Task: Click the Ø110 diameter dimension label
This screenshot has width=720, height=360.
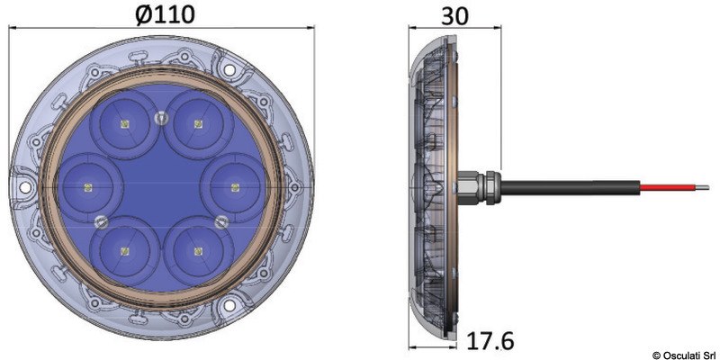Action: [166, 14]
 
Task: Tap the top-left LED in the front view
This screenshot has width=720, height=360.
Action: [124, 123]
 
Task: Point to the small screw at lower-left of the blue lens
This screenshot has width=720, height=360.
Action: [100, 221]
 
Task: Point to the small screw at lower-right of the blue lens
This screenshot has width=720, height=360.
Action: [219, 219]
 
